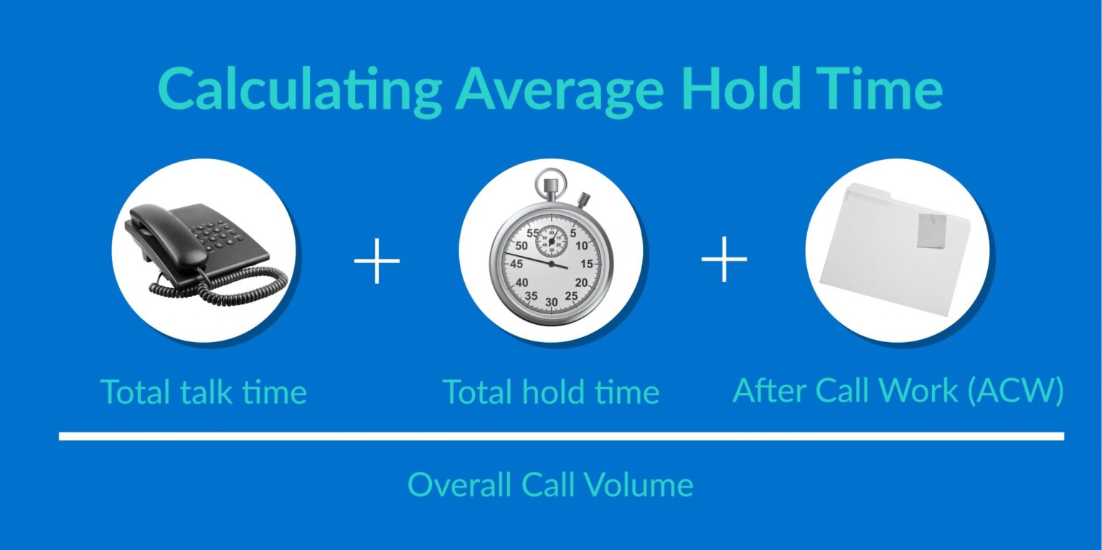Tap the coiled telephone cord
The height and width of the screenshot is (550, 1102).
pyautogui.click(x=237, y=285)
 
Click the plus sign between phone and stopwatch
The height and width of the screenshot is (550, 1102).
pyautogui.click(x=377, y=260)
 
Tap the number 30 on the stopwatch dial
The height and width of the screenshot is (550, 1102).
pyautogui.click(x=551, y=303)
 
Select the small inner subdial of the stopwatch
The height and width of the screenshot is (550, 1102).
pyautogui.click(x=551, y=240)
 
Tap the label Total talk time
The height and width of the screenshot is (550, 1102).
pyautogui.click(x=203, y=392)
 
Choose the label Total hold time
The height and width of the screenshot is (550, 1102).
pyautogui.click(x=550, y=392)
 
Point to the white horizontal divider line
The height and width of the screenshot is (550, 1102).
pyautogui.click(x=561, y=436)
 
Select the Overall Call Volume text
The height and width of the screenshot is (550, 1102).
pyautogui.click(x=550, y=485)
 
